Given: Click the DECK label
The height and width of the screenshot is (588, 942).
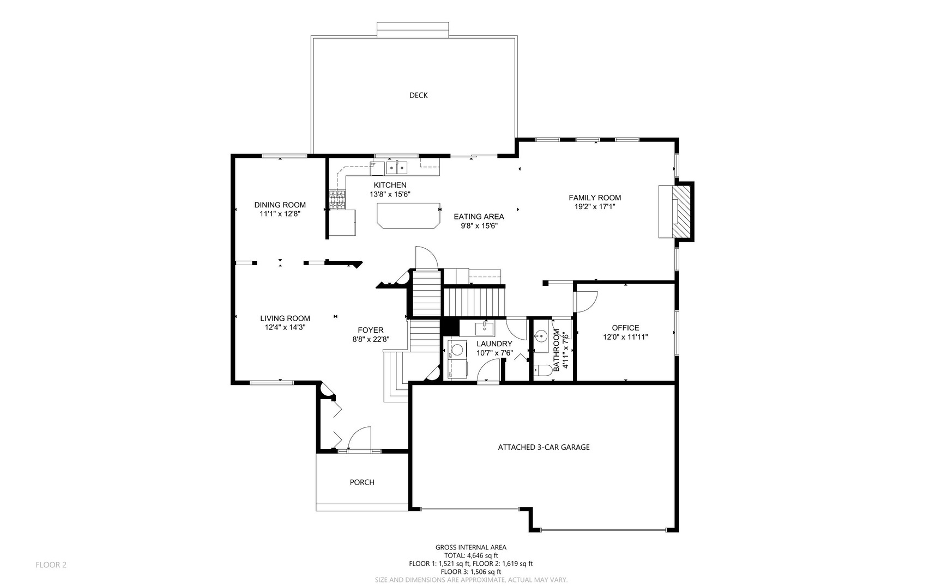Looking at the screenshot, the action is (x=418, y=95).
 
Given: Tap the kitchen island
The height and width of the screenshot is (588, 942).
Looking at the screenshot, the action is (x=408, y=216).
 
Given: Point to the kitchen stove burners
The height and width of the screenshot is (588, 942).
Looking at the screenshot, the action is (x=337, y=199).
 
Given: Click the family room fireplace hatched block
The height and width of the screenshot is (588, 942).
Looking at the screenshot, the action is (x=683, y=211).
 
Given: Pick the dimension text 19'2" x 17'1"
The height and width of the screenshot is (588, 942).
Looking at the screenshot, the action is (x=595, y=206).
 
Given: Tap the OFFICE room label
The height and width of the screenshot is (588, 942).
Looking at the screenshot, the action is (x=625, y=328).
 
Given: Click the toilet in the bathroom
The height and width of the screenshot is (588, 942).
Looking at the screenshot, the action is (x=542, y=371).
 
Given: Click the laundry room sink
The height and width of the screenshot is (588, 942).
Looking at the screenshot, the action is (x=485, y=329).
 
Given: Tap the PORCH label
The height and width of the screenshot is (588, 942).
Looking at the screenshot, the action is (x=362, y=482).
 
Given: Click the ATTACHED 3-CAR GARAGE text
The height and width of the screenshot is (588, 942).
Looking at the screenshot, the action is (x=544, y=447).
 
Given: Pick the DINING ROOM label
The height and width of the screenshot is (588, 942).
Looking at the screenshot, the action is (x=280, y=205).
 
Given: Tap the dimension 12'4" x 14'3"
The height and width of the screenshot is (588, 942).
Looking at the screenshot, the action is (x=285, y=327).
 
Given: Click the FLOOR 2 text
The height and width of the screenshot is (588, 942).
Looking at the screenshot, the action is (x=51, y=565).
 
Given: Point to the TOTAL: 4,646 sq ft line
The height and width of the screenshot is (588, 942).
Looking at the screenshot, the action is (x=471, y=555).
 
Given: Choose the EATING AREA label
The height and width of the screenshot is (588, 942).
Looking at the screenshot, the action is (x=479, y=217).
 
